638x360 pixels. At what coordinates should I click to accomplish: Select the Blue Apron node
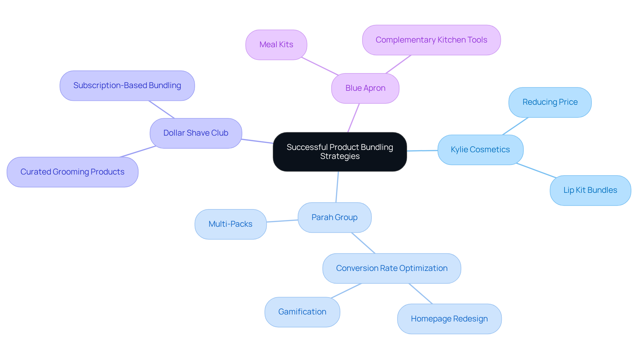pos(365,88)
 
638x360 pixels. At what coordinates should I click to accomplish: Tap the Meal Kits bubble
pos(276,45)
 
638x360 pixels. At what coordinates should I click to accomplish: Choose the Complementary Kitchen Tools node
pos(431,40)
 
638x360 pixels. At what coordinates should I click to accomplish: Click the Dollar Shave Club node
pos(196,133)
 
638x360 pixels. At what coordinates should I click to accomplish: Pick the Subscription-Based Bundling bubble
pos(127,86)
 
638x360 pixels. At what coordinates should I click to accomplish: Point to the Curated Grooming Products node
pos(72,172)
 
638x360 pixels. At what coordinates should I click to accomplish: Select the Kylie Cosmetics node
pos(480,150)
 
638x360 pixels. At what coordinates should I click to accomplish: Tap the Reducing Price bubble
pos(550,102)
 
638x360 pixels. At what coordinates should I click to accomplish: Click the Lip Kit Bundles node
pos(590,190)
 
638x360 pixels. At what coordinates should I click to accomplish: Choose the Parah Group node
pos(334,218)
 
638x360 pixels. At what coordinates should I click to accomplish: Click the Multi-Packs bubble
pos(230,224)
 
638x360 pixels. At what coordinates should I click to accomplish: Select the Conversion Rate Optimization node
pos(391,269)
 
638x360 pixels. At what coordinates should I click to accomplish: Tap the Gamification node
pos(302,312)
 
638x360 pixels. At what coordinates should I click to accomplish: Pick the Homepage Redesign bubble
pos(449,319)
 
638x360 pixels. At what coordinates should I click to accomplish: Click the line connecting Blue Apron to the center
pos(354,118)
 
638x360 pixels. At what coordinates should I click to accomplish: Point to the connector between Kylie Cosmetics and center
pos(422,151)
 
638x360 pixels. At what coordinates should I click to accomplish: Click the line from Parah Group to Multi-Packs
pos(282,221)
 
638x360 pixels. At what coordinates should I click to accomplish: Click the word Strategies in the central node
pos(340,157)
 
